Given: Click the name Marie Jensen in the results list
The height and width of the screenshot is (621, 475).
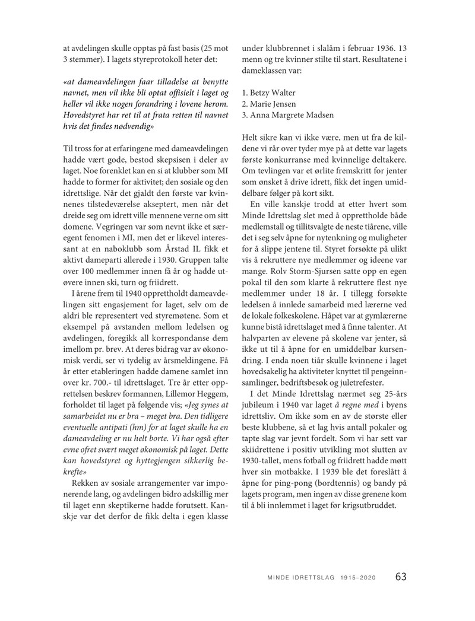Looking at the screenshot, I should coord(273,104).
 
